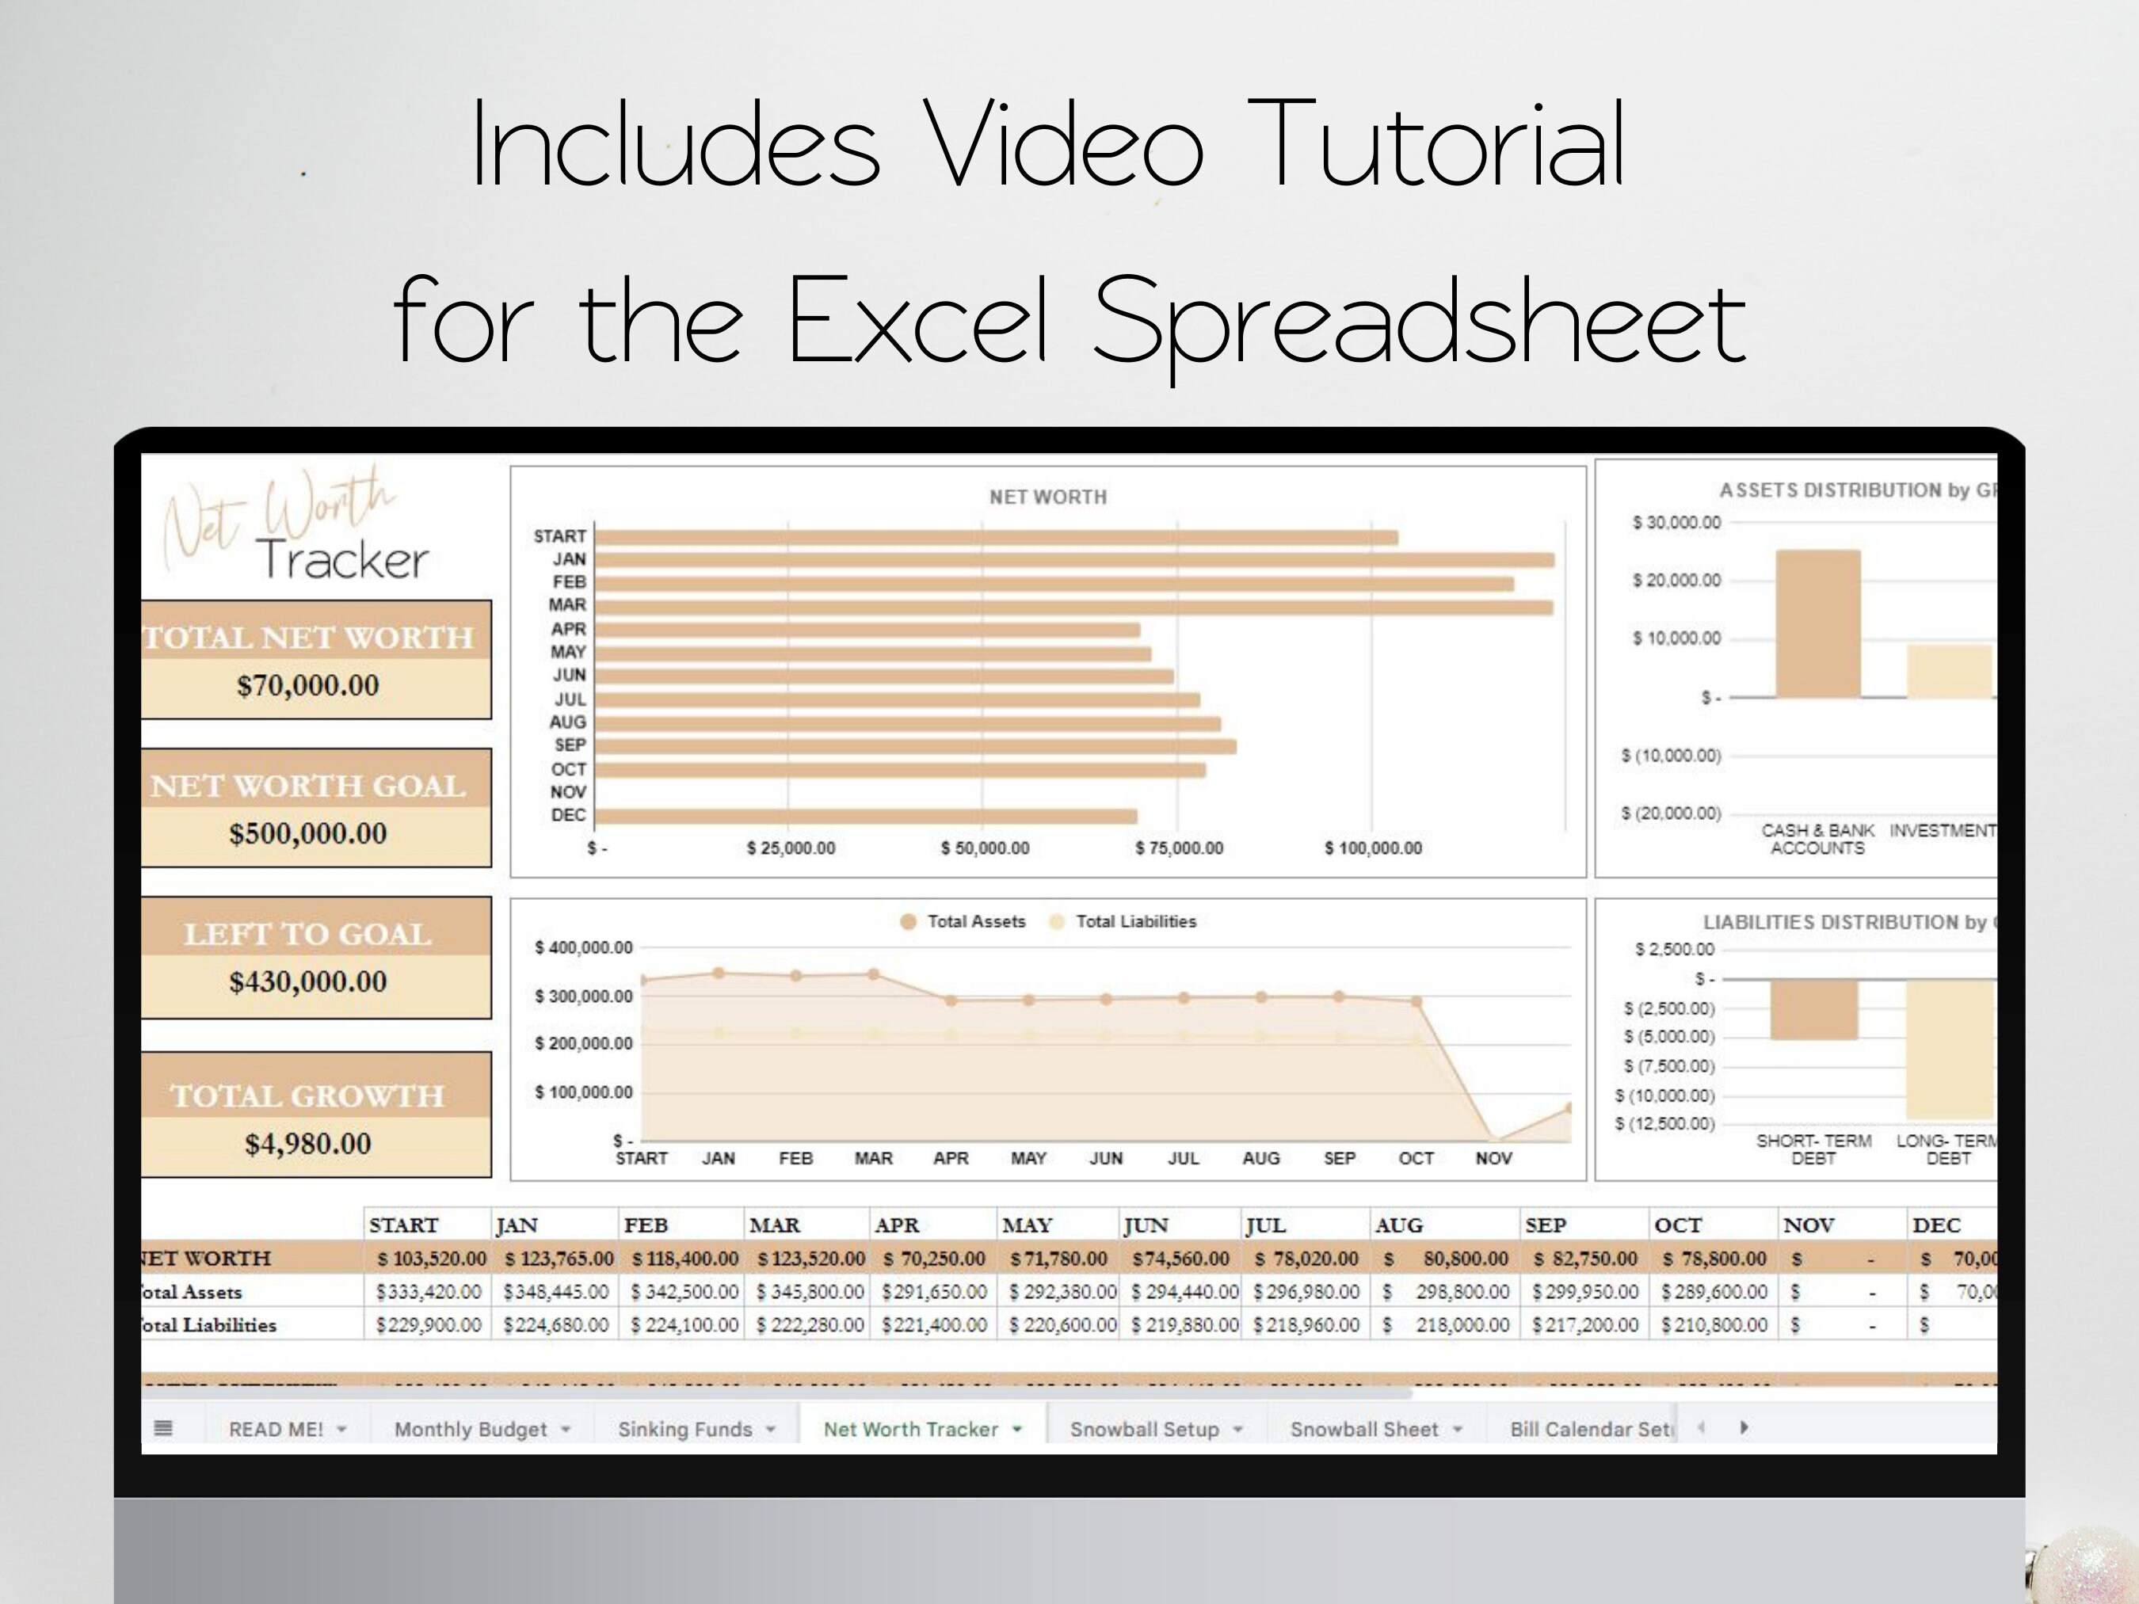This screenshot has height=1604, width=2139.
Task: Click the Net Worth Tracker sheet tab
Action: [x=910, y=1429]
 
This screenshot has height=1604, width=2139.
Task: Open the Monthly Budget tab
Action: [x=471, y=1429]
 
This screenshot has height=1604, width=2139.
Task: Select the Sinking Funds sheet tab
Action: [x=684, y=1429]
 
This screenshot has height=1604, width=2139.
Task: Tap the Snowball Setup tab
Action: [x=1144, y=1429]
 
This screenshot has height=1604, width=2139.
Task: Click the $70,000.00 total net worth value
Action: [x=307, y=685]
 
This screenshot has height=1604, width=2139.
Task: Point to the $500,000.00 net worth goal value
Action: [x=307, y=833]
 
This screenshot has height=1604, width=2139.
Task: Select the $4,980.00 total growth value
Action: [x=307, y=1144]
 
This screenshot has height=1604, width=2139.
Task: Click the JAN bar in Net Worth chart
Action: [x=1073, y=560]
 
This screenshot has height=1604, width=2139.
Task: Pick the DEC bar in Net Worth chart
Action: [x=865, y=816]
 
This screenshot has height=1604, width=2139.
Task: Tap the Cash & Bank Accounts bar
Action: [x=1818, y=623]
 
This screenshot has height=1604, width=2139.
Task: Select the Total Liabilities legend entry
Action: [x=1135, y=921]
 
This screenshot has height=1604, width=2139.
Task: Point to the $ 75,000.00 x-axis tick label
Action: [x=1179, y=848]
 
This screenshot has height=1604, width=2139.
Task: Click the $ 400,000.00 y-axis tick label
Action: [x=584, y=947]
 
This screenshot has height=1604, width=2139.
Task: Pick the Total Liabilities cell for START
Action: [x=429, y=1324]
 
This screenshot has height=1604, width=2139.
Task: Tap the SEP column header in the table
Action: [x=1546, y=1225]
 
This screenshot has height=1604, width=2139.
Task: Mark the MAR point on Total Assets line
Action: [x=873, y=974]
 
